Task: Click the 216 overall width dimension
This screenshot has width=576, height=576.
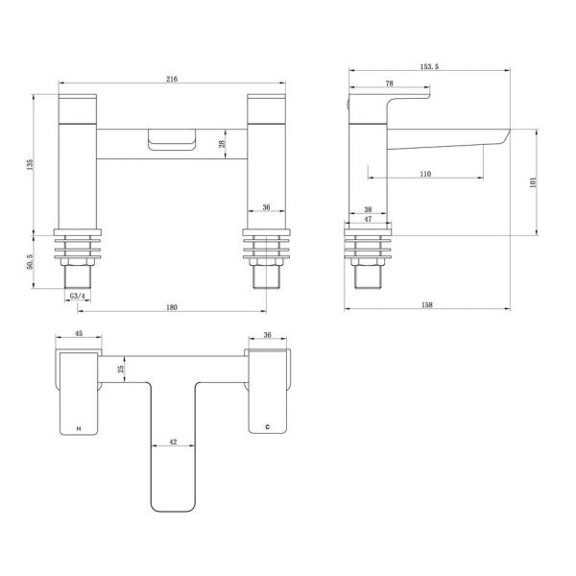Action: point(172,79)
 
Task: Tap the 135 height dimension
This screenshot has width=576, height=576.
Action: point(30,164)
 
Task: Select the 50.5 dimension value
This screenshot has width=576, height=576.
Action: point(30,262)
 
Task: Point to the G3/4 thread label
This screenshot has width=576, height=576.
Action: point(78,296)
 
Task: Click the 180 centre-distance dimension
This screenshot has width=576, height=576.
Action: point(172,307)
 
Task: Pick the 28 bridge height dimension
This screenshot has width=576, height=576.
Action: point(223,144)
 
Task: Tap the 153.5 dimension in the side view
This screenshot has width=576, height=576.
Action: point(429,66)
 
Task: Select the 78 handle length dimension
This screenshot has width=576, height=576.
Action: point(390,84)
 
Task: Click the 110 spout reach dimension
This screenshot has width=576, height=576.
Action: point(425,174)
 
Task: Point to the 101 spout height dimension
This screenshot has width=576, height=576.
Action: point(533,182)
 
